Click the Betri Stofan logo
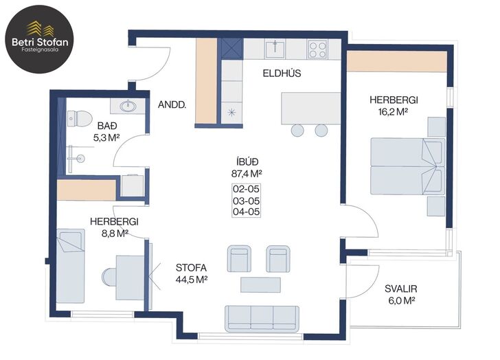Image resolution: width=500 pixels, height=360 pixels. (x=40, y=39)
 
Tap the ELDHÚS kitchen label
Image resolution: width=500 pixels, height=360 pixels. (x=282, y=74)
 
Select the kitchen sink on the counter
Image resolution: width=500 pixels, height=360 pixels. (x=275, y=49)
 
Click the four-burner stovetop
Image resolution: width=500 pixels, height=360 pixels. (x=317, y=49)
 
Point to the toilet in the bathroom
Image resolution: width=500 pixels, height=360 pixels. (x=80, y=119)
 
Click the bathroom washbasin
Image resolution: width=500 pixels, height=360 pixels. (x=128, y=106)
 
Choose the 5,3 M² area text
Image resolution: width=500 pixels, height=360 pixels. (x=106, y=138)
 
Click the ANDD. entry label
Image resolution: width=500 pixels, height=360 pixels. (x=172, y=104)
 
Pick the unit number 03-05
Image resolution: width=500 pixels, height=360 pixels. (x=246, y=201)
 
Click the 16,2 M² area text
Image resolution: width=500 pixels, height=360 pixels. (x=393, y=112)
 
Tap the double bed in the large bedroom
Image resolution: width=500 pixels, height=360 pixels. (x=407, y=166)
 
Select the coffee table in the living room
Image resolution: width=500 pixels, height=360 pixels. (x=260, y=284)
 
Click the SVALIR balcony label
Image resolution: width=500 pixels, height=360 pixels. (x=401, y=289)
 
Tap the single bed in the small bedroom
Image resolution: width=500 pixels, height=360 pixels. (x=71, y=266)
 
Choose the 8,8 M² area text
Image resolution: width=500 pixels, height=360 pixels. (x=115, y=234)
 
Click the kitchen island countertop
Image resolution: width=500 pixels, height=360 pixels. (x=311, y=109)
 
